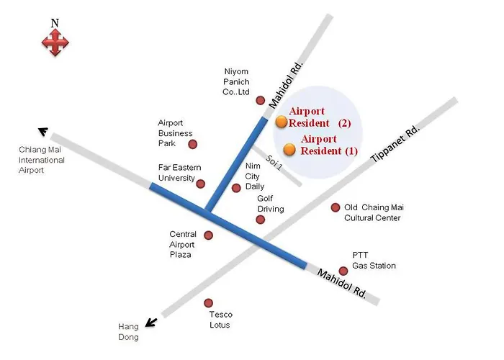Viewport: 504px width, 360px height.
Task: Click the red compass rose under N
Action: (55, 42)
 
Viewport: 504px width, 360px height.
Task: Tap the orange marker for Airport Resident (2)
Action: (282, 122)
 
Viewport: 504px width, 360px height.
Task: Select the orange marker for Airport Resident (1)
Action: (289, 150)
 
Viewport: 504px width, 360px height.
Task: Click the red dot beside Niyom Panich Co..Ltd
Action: (261, 101)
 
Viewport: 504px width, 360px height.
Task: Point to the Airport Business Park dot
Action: (192, 144)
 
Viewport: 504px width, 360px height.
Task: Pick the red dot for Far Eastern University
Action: (201, 184)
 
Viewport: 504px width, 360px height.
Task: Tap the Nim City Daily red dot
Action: (236, 188)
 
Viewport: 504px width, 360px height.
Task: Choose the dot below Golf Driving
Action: (261, 220)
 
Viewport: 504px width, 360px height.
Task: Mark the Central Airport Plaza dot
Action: (209, 235)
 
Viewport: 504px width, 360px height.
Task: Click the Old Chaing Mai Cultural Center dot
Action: (336, 207)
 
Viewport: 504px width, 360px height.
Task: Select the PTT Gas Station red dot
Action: (343, 271)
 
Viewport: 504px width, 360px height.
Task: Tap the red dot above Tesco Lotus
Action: (209, 303)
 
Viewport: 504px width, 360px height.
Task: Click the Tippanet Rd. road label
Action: (395, 144)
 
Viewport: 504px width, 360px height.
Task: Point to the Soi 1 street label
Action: (274, 162)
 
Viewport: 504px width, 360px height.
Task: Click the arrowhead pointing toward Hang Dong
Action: (151, 323)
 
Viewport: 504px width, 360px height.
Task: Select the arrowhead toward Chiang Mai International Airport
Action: (43, 131)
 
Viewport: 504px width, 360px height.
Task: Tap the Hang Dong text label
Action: (129, 332)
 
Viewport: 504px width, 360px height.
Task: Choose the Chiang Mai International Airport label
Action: (42, 160)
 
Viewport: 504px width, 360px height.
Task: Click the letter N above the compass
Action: (55, 23)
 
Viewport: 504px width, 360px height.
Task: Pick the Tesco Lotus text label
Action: (220, 320)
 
